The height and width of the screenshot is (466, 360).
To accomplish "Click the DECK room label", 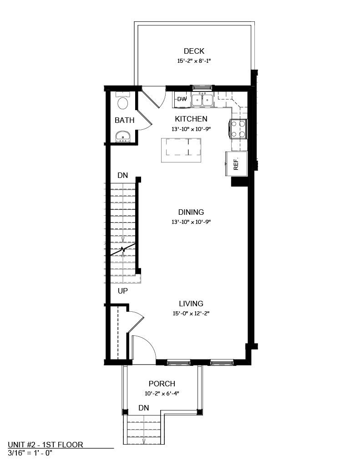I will [x=194, y=51].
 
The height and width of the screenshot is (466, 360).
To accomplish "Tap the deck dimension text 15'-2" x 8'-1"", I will [x=194, y=61].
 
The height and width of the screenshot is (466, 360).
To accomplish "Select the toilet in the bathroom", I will [x=122, y=102].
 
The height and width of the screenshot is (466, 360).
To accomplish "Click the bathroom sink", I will [x=122, y=136].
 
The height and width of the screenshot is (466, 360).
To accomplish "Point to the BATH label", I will [x=124, y=121].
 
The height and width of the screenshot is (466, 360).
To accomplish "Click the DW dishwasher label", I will [x=182, y=99].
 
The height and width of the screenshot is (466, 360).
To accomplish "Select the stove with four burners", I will [x=239, y=128].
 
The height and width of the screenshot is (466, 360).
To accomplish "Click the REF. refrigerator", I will [x=236, y=163].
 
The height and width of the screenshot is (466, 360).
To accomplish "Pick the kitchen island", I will [x=181, y=150].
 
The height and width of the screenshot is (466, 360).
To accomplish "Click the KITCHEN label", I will [x=191, y=119].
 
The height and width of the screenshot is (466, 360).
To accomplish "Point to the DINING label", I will [x=191, y=212].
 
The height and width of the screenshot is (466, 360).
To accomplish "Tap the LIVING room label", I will [x=191, y=304].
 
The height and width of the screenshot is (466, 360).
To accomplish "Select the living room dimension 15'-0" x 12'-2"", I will [x=191, y=313].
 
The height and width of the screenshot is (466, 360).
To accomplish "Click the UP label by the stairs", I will [x=123, y=291].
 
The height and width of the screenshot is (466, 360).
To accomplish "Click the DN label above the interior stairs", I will [x=122, y=175].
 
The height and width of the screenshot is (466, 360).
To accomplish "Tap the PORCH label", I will [x=162, y=384].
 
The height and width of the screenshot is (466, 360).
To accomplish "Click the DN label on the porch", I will [x=144, y=408].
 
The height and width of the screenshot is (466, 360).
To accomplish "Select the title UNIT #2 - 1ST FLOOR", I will [x=46, y=445].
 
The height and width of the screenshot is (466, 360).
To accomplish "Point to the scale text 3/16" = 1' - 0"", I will [x=30, y=453].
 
